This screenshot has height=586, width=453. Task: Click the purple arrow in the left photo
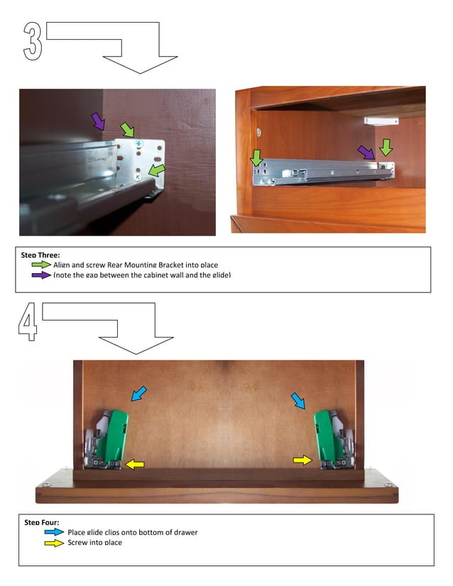click(x=98, y=121)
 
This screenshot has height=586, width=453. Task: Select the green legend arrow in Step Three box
click(x=42, y=265)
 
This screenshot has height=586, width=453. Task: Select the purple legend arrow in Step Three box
click(x=42, y=275)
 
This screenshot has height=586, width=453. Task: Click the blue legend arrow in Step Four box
click(x=55, y=532)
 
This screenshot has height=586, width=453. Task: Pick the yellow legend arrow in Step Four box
click(x=55, y=543)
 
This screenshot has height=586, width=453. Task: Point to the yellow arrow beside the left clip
click(x=135, y=464)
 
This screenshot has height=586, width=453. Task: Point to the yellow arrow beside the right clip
click(x=302, y=461)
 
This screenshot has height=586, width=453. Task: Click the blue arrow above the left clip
click(x=139, y=393)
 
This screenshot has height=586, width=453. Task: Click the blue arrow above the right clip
click(x=298, y=402)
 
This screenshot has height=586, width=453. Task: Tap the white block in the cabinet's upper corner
click(x=381, y=121)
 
